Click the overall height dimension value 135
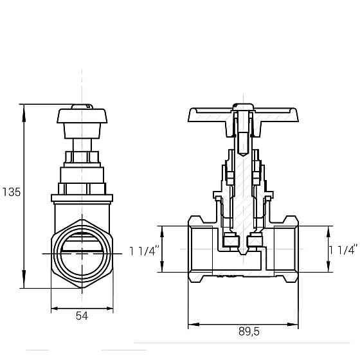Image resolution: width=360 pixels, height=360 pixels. coord(12,192)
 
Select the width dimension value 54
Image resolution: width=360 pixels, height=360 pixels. coord(82,316)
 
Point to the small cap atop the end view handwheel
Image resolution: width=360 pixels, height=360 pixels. coord(82,107)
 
